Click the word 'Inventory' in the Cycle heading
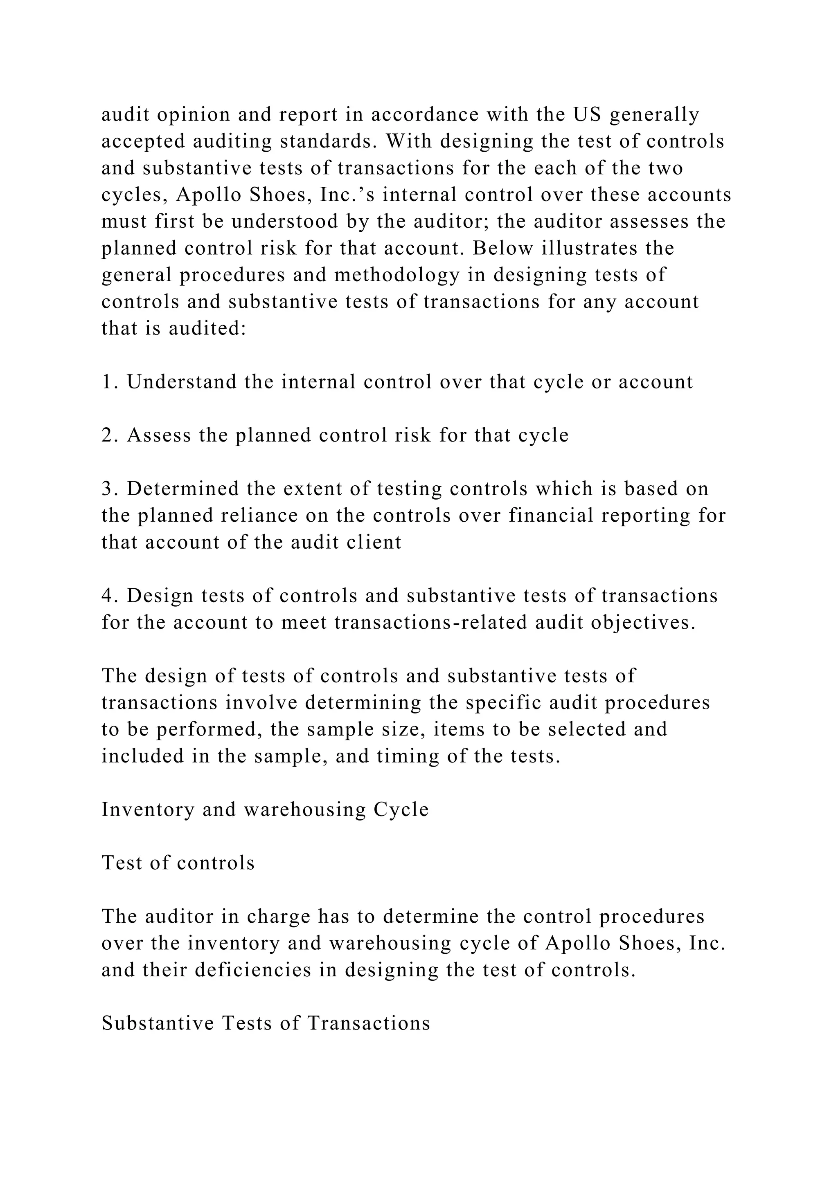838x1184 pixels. (x=147, y=810)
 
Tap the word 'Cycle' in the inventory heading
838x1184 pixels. (x=401, y=810)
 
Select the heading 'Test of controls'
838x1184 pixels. (x=178, y=863)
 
